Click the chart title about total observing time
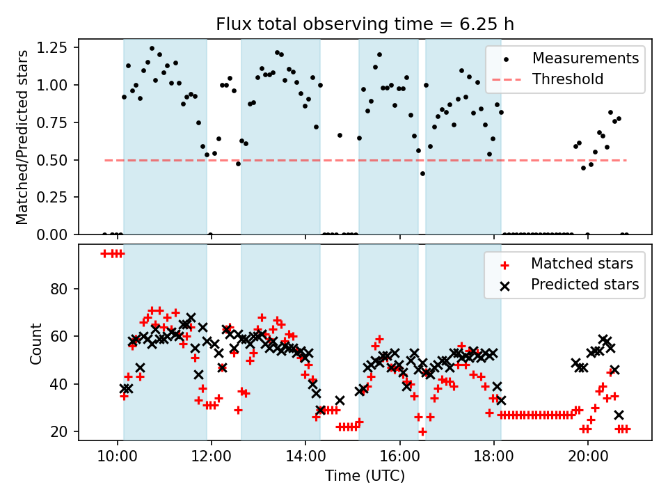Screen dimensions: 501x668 tap(365, 24)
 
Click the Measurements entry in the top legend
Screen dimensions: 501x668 tap(585, 58)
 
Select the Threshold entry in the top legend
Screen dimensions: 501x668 tap(568, 79)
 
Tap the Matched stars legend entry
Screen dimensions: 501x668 tap(582, 264)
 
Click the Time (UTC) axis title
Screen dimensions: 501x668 tap(365, 477)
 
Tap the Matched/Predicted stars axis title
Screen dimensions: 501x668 tap(22, 137)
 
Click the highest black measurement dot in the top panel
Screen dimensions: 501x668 tap(152, 49)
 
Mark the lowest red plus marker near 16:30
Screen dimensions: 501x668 tap(422, 431)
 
